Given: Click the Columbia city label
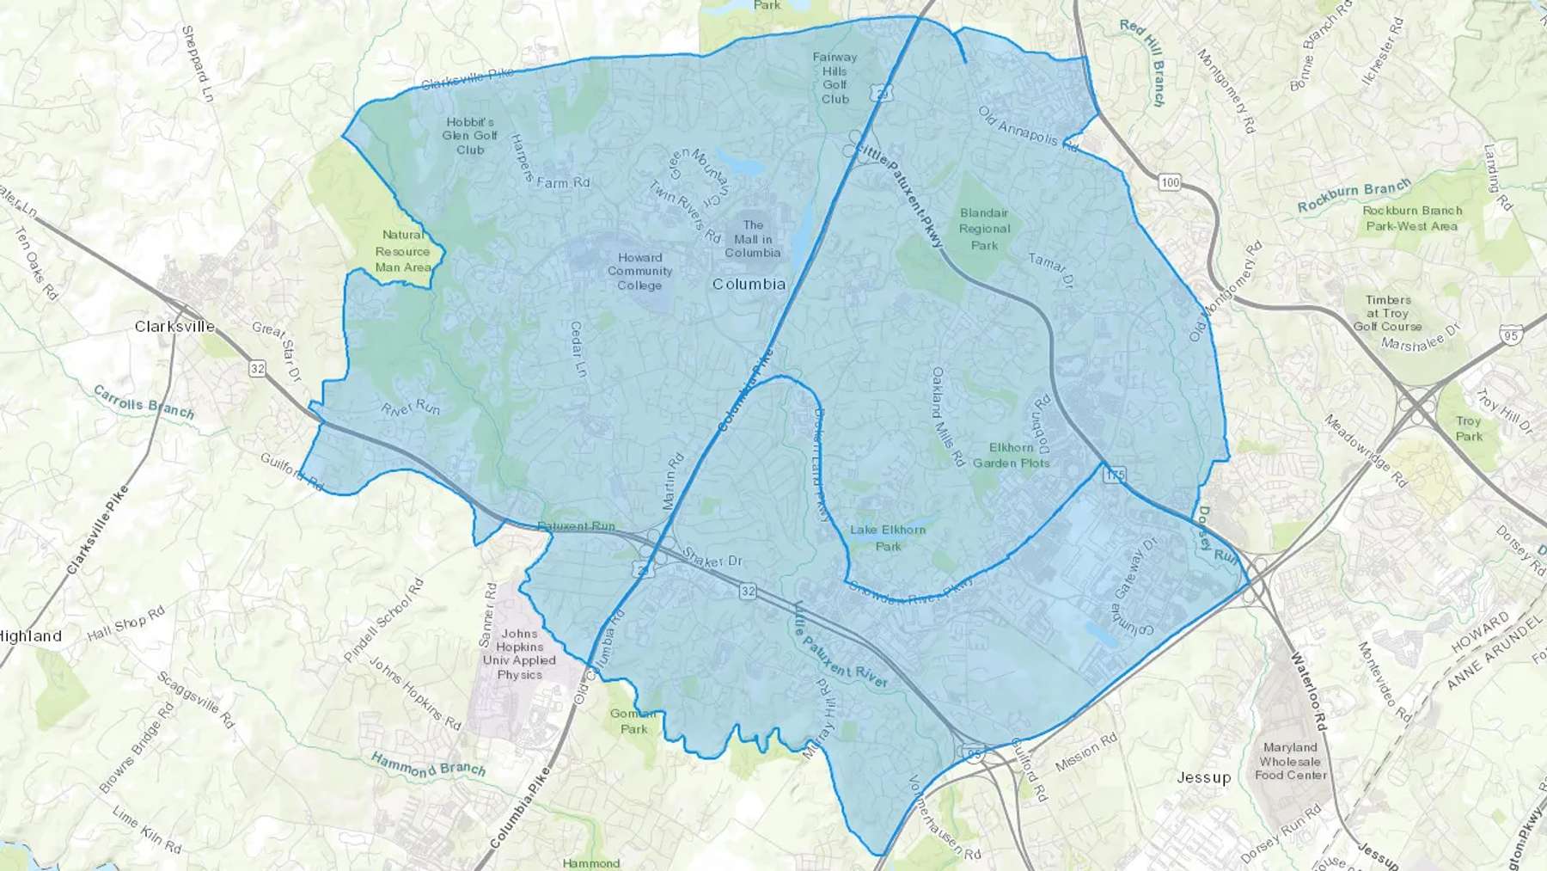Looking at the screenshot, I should (x=749, y=284).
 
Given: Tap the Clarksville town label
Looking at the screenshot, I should (x=174, y=327).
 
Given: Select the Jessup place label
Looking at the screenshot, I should (x=1203, y=777).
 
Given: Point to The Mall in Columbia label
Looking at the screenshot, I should (x=753, y=239).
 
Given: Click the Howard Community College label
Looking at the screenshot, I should (x=639, y=271).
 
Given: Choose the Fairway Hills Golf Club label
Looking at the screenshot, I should (x=835, y=78).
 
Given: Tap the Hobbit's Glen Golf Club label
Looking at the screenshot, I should (x=470, y=136).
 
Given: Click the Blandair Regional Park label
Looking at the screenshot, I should (x=984, y=229).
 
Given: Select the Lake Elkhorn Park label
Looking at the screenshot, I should (x=888, y=537).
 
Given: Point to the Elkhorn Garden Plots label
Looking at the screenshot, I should (x=1011, y=455).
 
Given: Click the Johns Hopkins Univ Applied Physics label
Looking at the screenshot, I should (x=519, y=654).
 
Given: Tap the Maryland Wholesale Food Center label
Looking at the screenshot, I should (x=1290, y=761).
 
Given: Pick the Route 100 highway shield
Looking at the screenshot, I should (x=1169, y=182).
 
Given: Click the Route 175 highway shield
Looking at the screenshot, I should (x=1115, y=475).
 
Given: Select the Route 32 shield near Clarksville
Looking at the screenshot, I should (x=257, y=369).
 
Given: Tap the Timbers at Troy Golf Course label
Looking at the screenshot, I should (x=1388, y=313).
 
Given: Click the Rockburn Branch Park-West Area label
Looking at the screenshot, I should (x=1412, y=218).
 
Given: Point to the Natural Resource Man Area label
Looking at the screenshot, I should (x=402, y=251).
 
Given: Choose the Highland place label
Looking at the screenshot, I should (x=31, y=636).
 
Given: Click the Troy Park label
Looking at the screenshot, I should (x=1468, y=428).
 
